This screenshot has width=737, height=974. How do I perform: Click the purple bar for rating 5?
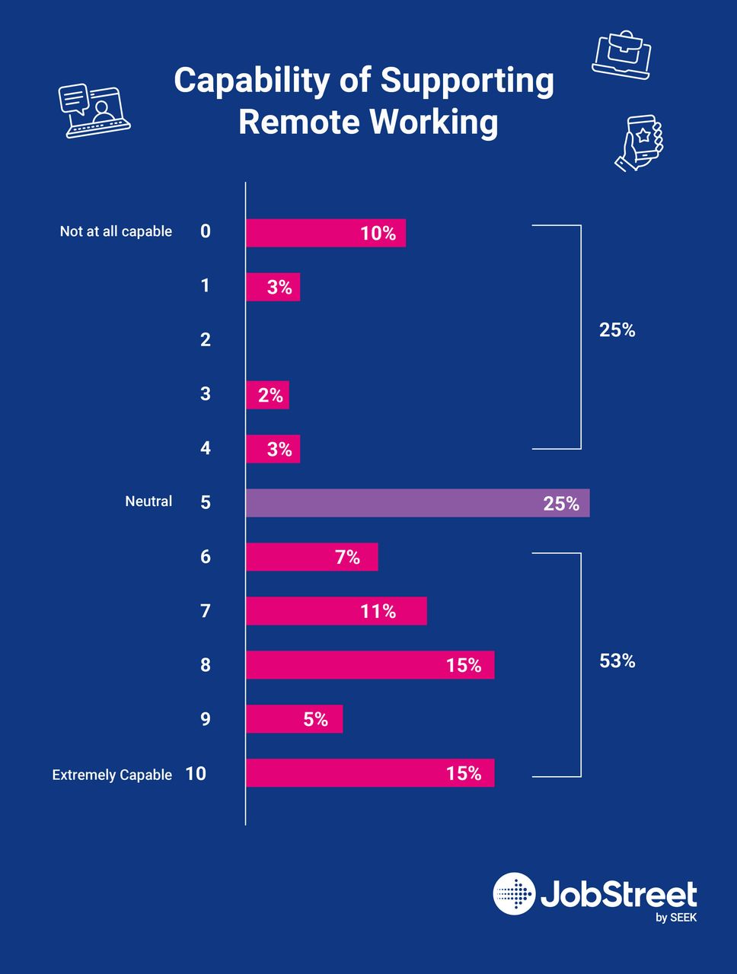click(x=417, y=503)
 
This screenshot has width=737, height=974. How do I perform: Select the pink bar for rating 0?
click(x=325, y=233)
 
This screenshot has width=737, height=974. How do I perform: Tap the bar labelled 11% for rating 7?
click(x=336, y=611)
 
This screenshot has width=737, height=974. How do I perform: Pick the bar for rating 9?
click(x=294, y=719)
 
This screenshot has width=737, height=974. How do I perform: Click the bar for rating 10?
click(x=369, y=773)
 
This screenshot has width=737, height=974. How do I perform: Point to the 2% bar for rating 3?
click(x=267, y=395)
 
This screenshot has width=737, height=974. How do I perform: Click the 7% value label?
click(x=347, y=558)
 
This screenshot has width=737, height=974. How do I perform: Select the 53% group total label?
click(x=617, y=661)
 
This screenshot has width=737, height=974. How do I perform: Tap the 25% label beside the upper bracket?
click(x=617, y=330)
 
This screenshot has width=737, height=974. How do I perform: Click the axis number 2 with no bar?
click(x=206, y=340)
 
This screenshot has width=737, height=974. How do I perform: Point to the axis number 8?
click(x=206, y=665)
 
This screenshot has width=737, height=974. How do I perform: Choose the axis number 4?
click(x=206, y=448)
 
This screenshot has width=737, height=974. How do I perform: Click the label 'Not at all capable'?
click(x=116, y=231)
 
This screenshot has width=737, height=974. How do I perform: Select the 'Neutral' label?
click(x=148, y=501)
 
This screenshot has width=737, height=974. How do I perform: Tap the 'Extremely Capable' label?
click(x=112, y=775)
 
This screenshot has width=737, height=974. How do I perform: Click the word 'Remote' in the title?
click(x=298, y=123)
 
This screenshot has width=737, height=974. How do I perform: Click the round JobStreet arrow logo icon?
click(x=514, y=893)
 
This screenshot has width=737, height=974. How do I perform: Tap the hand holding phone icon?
click(x=640, y=142)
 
